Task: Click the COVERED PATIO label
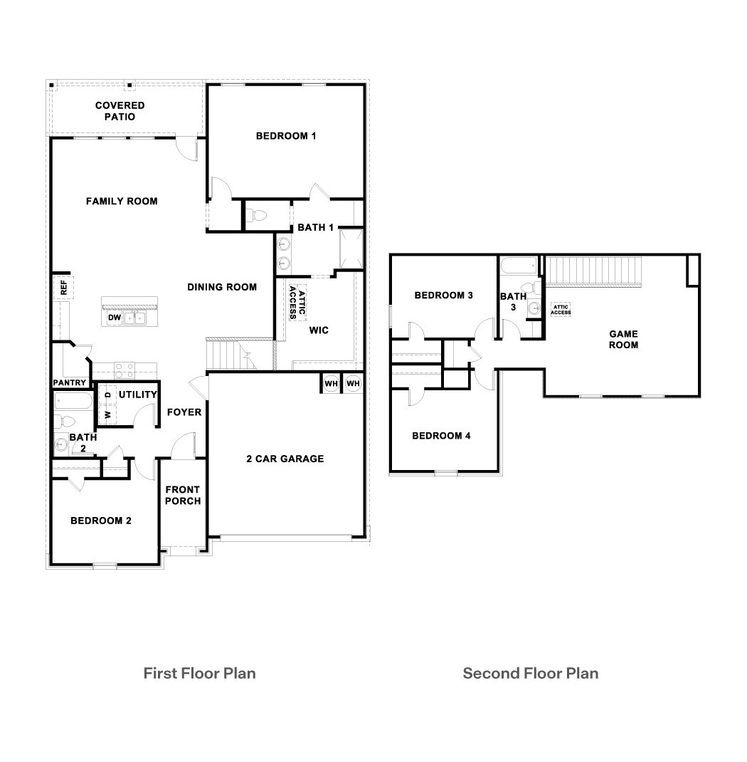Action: [x=120, y=111]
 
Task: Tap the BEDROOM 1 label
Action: [x=286, y=136]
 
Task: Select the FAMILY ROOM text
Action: [x=122, y=202]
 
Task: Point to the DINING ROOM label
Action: [x=222, y=287]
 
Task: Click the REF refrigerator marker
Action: [x=63, y=288]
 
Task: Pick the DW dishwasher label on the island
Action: [x=114, y=318]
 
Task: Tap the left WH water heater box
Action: [x=331, y=383]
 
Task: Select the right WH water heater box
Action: [x=353, y=383]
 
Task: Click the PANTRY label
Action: [x=70, y=383]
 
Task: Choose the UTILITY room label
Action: [x=138, y=395]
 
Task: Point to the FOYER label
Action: [x=184, y=412]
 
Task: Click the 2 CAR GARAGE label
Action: [x=285, y=459]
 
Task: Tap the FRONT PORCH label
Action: [x=183, y=495]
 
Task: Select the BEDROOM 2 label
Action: [x=101, y=521]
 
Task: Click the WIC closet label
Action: [x=318, y=330]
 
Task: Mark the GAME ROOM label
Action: [x=623, y=339]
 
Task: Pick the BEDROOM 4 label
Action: [x=441, y=436]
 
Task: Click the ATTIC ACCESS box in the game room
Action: [x=561, y=310]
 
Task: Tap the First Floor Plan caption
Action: [x=199, y=673]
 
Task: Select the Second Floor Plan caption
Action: [x=530, y=673]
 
